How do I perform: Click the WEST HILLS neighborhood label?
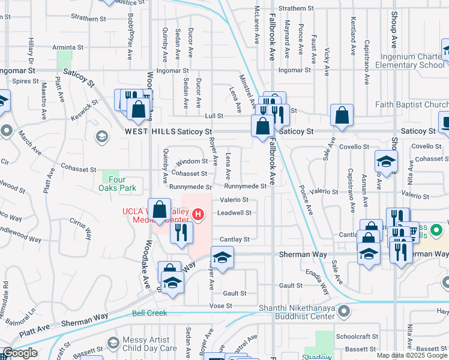(149, 131)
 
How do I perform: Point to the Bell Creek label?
(149, 313)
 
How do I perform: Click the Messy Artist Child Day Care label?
(149, 344)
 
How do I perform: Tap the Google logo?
(19, 353)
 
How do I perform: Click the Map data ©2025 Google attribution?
(412, 355)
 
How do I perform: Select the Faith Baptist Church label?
(411, 104)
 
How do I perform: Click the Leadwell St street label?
(234, 212)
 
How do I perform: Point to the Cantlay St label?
(234, 239)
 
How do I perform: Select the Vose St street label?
(220, 305)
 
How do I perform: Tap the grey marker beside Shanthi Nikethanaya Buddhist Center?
(343, 311)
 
